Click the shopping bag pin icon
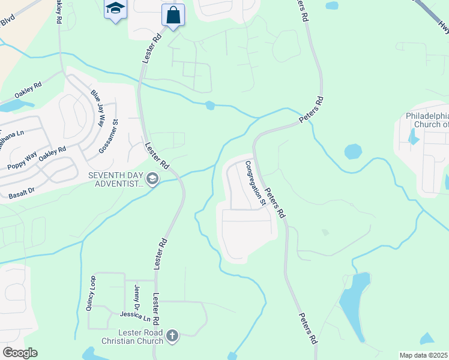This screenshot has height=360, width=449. [x=173, y=15]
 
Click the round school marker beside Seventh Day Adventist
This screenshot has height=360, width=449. [x=152, y=179]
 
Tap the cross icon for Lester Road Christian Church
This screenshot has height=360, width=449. [x=172, y=335]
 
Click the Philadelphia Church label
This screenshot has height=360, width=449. [x=419, y=120]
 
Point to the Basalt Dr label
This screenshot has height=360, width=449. [x=22, y=193]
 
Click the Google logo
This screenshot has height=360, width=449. [x=19, y=353]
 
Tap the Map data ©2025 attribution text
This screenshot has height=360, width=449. [x=424, y=355]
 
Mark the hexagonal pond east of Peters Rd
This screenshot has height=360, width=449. [x=353, y=151]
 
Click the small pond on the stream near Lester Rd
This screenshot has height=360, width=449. [x=209, y=106]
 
